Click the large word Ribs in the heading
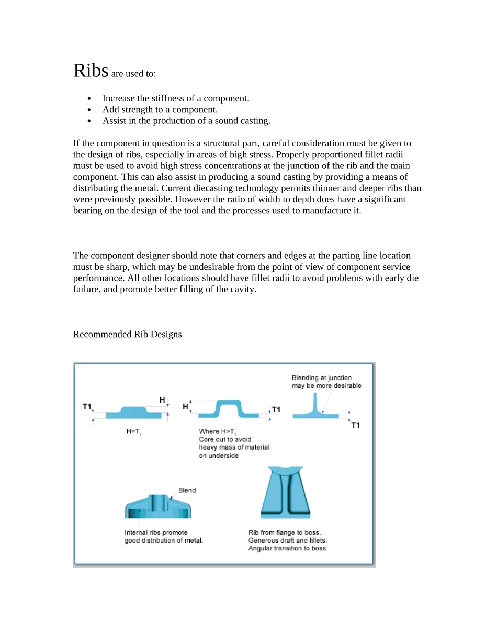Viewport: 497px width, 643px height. (x=91, y=71)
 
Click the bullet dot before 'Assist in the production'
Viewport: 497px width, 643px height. (x=91, y=121)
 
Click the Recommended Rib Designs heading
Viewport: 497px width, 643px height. (x=127, y=335)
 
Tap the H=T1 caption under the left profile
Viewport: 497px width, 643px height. (x=134, y=432)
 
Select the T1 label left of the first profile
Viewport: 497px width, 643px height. (x=87, y=406)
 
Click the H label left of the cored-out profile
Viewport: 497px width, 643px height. (x=185, y=406)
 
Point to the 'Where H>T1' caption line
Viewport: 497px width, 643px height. (x=217, y=432)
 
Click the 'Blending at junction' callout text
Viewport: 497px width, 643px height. (x=321, y=378)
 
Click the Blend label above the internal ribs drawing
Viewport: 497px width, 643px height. (x=187, y=490)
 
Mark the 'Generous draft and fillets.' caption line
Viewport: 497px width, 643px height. (x=287, y=541)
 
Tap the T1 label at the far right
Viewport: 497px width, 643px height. (x=355, y=426)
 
